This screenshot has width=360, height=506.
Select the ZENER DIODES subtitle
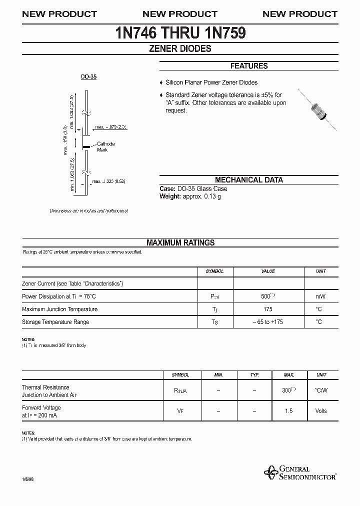(180, 49)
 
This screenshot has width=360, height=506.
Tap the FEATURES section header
(248, 66)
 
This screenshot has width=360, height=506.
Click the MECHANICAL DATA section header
(248, 180)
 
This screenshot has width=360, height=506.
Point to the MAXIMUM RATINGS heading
(180, 242)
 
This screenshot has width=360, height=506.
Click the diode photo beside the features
(317, 108)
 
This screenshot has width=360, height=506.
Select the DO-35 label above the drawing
(88, 77)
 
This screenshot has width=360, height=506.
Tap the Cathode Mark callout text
(105, 147)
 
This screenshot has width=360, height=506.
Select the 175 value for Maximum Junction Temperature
(268, 309)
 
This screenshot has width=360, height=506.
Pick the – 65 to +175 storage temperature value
(268, 322)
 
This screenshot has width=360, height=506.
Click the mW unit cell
(320, 296)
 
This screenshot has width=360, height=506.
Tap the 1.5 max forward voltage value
(288, 411)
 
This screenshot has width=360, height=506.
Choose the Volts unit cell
(320, 411)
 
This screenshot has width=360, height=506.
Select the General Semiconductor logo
(299, 472)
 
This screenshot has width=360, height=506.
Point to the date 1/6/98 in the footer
(28, 478)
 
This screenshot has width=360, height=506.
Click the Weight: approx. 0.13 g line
(190, 196)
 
